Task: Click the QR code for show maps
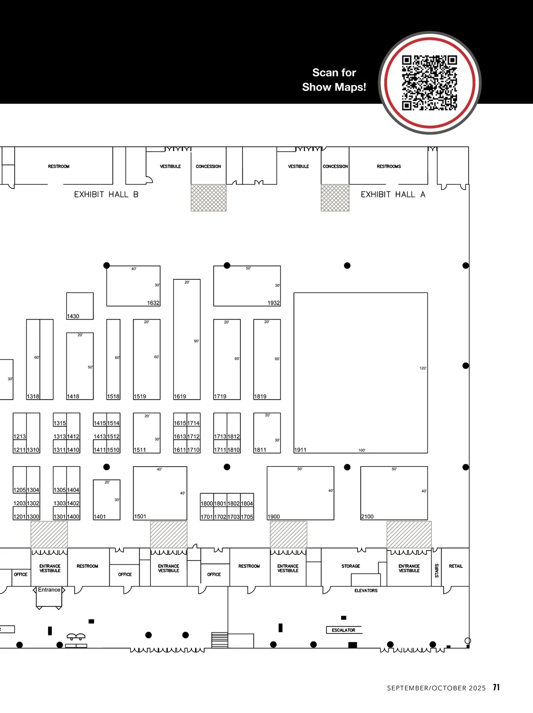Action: (x=430, y=83)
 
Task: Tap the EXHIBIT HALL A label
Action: (x=393, y=194)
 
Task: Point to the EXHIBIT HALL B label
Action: (x=106, y=194)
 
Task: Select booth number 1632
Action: (x=153, y=303)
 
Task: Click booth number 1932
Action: (x=273, y=303)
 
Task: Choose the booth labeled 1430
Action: (x=73, y=316)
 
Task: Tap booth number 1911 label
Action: (x=300, y=450)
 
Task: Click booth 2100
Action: (x=367, y=516)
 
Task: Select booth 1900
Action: (x=274, y=516)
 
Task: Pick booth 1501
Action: (x=140, y=516)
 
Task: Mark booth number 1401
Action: (x=99, y=516)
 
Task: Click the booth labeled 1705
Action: (x=247, y=517)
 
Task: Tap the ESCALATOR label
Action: (x=343, y=630)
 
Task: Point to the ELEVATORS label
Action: (x=366, y=590)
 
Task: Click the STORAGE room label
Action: (x=350, y=566)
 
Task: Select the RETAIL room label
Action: (x=456, y=566)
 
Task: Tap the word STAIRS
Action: (x=437, y=570)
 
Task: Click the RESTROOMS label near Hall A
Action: (x=389, y=166)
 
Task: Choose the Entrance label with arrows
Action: (x=49, y=590)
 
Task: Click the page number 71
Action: (x=496, y=687)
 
